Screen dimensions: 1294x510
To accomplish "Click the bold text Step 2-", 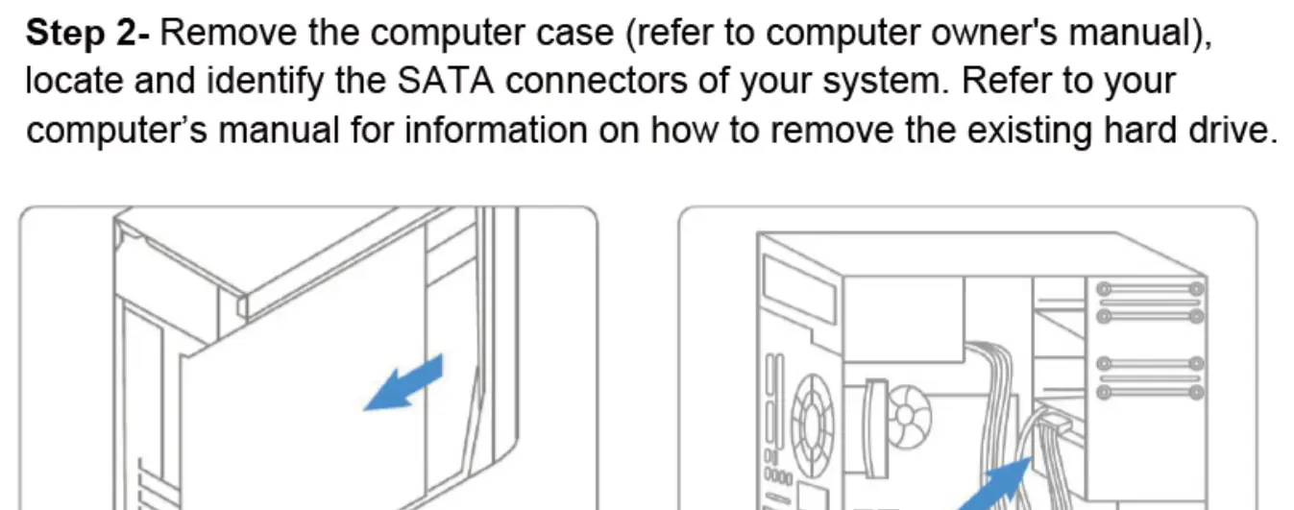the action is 87,33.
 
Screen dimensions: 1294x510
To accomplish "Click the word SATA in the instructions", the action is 446,81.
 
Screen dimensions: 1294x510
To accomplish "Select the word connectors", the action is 597,82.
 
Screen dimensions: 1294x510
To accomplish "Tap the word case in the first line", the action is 574,34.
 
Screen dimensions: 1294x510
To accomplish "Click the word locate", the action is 74,81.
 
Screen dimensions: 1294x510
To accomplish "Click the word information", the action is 496,130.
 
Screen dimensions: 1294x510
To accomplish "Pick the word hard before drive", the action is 1140,130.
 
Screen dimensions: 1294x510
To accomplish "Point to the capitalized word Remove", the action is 229,33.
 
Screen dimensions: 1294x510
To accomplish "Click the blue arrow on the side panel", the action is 403,383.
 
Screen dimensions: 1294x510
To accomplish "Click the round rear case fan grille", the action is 814,417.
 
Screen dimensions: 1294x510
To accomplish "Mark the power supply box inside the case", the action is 903,319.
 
